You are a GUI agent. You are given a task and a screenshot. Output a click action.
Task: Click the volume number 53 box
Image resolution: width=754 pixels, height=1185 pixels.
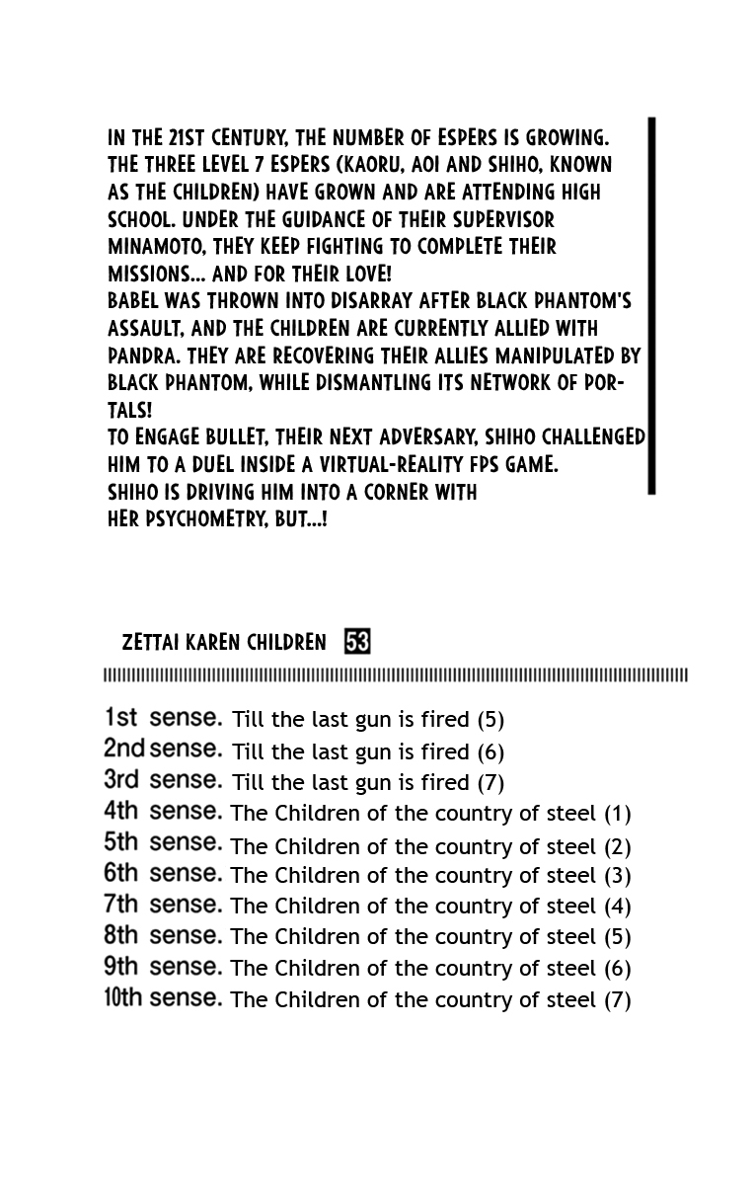[x=357, y=643]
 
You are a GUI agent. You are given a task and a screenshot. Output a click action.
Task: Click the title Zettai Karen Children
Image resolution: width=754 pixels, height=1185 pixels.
[x=224, y=643]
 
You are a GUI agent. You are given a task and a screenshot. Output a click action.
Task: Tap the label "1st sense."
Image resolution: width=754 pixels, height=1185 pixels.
[x=163, y=718]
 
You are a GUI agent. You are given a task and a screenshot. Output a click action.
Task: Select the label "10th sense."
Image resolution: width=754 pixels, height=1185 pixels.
[x=163, y=997]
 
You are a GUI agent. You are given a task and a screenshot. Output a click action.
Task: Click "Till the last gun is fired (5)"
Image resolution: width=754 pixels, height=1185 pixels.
[x=368, y=720]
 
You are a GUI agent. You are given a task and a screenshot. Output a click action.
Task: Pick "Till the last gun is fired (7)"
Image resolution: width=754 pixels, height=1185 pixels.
[x=368, y=783]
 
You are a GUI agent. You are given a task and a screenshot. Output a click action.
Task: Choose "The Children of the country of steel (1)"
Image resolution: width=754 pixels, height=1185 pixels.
[x=430, y=814]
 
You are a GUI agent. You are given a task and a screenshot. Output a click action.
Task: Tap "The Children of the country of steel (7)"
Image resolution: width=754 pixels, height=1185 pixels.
[x=430, y=999]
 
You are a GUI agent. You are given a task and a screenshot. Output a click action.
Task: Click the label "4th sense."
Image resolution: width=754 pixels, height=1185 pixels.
[x=163, y=812]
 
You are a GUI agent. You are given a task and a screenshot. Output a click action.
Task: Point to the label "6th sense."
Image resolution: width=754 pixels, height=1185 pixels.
[x=163, y=874]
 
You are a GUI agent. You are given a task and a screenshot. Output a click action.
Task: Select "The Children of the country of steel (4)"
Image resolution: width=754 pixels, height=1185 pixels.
[x=430, y=907]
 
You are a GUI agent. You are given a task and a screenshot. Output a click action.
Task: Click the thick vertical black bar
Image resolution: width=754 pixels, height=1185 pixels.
[x=651, y=305]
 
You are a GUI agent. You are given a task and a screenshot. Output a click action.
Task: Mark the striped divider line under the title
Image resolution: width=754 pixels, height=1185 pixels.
[x=395, y=675]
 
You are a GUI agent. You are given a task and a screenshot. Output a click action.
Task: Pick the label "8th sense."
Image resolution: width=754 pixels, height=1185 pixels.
[x=163, y=935]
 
